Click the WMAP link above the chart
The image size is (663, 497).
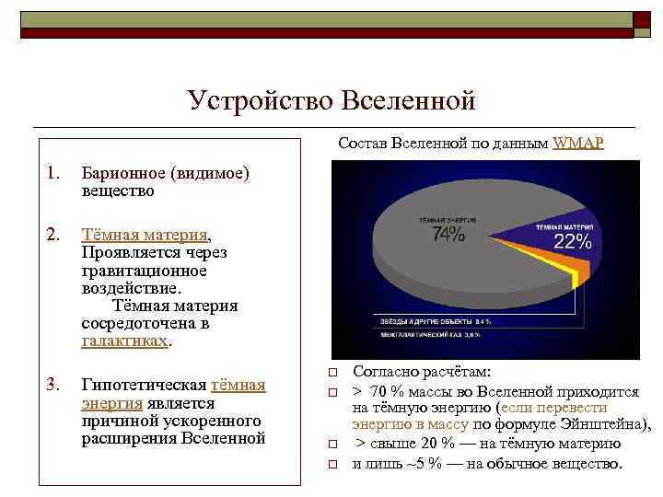pyautogui.click(x=577, y=144)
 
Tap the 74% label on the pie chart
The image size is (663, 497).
pyautogui.click(x=448, y=235)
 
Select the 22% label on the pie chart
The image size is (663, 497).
pyautogui.click(x=572, y=242)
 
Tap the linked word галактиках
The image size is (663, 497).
pyautogui.click(x=124, y=341)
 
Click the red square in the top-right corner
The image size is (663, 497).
pyautogui.click(x=641, y=20)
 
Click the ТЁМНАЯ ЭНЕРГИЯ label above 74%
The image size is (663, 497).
pyautogui.click(x=445, y=221)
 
